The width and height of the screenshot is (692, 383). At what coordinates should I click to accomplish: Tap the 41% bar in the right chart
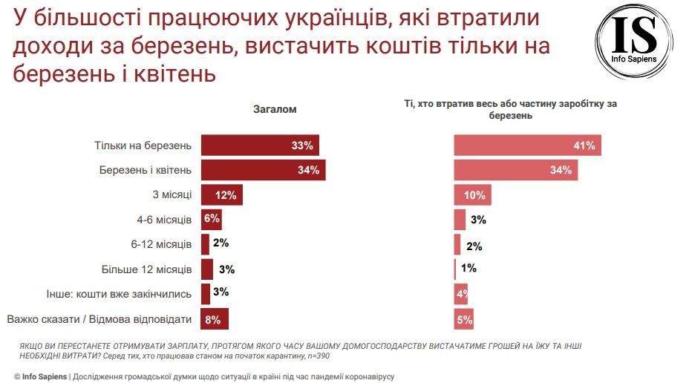tap(527, 145)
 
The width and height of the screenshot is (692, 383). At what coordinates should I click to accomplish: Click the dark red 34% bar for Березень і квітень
tap(263, 170)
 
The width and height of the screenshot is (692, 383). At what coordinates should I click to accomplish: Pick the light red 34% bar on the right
tap(515, 170)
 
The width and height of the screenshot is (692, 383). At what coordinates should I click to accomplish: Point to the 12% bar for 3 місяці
tap(221, 195)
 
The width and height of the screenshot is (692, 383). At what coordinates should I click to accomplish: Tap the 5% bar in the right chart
tap(463, 320)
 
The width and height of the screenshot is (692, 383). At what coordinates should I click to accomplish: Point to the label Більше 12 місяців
tap(146, 269)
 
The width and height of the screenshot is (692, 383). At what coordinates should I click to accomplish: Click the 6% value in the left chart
tap(212, 220)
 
